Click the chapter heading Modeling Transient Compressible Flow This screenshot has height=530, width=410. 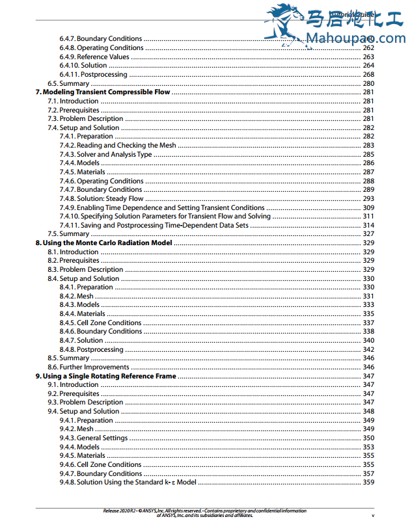coord(102,92)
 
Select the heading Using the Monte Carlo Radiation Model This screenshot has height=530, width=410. coord(103,243)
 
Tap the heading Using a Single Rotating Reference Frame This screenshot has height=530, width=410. coord(105,376)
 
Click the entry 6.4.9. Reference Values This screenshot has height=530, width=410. coord(94,57)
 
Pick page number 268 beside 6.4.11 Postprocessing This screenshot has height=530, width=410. coord(368,74)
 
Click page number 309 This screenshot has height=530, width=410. coord(368,207)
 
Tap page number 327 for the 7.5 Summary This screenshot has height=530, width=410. coord(368,234)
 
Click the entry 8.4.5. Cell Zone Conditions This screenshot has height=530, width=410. coord(100,323)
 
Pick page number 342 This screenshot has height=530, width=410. coord(368,349)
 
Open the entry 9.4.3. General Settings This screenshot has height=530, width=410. coord(94,438)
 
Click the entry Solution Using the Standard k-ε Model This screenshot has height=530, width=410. coord(128,483)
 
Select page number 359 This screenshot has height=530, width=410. coord(368,483)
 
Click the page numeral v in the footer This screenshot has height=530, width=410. coord(372,516)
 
